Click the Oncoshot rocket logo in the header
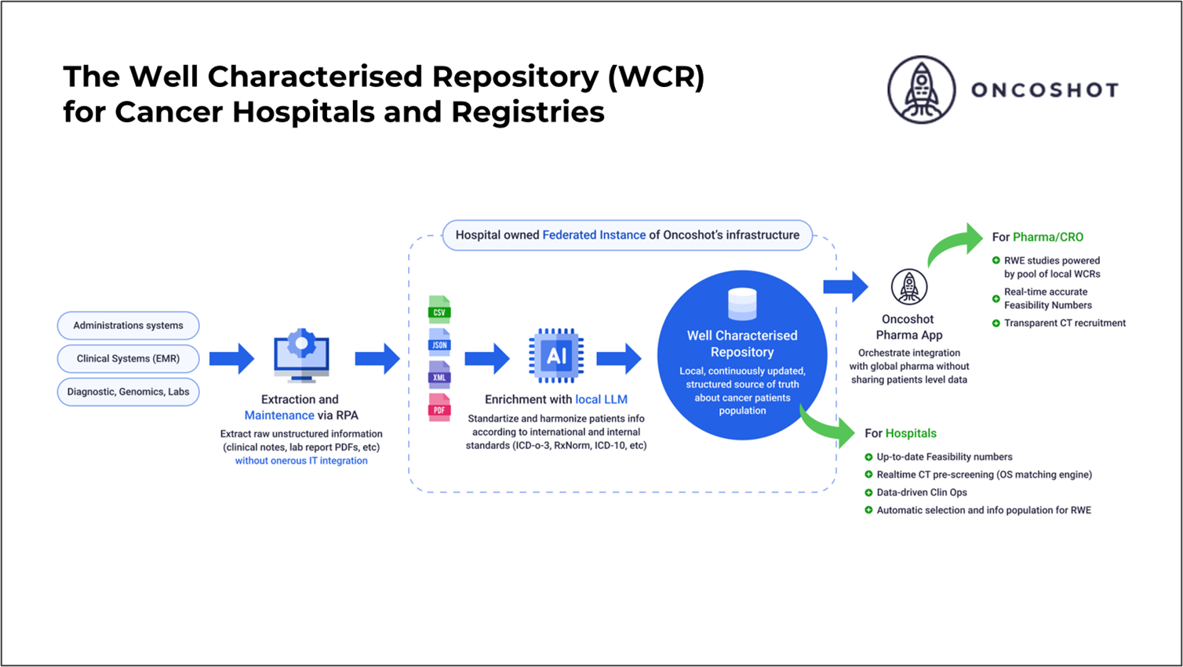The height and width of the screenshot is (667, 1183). point(921,89)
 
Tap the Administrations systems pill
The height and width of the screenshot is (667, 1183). point(128,325)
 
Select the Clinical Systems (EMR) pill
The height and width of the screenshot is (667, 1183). point(128,358)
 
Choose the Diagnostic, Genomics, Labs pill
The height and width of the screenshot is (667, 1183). point(128,392)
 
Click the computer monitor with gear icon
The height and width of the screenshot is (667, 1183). point(301,356)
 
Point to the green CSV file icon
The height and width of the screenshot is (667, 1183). point(439,310)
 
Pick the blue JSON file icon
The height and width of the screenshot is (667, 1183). point(439,343)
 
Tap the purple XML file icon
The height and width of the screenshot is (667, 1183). point(439,375)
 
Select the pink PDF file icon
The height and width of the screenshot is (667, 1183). point(439,408)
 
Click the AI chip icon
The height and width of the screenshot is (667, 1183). point(556,356)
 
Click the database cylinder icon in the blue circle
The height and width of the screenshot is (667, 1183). point(742,304)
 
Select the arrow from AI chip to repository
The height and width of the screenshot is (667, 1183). point(619,358)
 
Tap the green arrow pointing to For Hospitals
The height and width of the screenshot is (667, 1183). point(828,427)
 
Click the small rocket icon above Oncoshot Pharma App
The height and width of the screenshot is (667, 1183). point(909,287)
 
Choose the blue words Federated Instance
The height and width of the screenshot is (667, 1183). point(594,235)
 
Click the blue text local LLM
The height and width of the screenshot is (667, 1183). point(601,400)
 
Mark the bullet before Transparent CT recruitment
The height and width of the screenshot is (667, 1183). point(996,323)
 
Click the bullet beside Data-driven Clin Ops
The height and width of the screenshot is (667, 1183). point(868,492)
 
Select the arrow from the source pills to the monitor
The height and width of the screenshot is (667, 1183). point(231,358)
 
